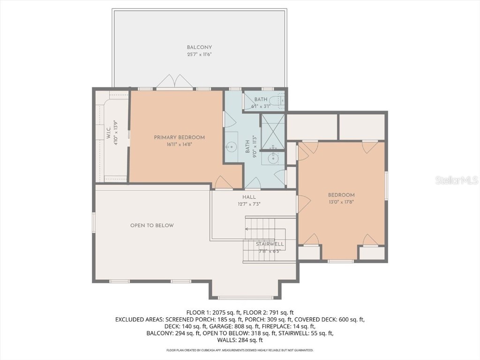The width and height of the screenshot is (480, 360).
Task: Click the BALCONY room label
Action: pos(199,47)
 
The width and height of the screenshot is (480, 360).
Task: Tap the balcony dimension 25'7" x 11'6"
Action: pos(199,54)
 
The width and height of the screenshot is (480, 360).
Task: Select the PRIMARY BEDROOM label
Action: pos(179,137)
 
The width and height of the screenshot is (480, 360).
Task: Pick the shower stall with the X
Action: pos(272,128)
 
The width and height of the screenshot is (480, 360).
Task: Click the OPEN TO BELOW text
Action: pos(152,225)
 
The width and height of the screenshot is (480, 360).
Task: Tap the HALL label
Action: pos(249,197)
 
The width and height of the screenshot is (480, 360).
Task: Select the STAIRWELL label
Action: pos(270,245)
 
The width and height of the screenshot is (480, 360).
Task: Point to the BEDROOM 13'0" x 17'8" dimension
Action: pos(341,202)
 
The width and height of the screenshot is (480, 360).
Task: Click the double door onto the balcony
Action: pos(174,82)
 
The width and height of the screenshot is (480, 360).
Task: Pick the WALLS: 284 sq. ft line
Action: pos(240,340)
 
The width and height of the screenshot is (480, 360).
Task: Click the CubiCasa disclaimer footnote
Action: pos(240,350)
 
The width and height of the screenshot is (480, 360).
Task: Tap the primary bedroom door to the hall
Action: pos(221,183)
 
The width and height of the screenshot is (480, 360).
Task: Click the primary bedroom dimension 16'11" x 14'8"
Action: pos(179,144)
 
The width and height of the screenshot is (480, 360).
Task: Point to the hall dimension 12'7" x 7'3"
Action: pos(249,204)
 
